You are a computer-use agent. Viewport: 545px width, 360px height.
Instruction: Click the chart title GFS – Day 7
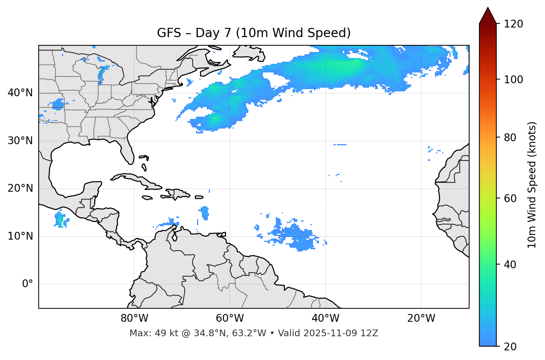click(x=254, y=33)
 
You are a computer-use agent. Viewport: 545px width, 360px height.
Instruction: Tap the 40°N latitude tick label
click(x=20, y=93)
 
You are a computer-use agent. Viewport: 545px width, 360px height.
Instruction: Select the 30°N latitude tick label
click(x=20, y=141)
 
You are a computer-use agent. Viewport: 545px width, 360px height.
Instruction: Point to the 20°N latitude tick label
click(x=20, y=188)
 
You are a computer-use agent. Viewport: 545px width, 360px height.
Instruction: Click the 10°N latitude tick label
click(x=20, y=236)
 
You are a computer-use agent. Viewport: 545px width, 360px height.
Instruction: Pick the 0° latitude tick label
click(x=28, y=284)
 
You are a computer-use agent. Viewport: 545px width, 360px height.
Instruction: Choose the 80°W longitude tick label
click(x=134, y=318)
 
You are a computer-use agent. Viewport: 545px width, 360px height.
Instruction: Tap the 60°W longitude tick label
click(x=230, y=318)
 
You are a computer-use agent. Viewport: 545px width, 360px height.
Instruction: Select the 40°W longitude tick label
click(x=325, y=318)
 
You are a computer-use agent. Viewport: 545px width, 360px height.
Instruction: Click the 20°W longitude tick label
click(x=421, y=318)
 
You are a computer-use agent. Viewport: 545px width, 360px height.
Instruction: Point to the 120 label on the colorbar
click(x=513, y=24)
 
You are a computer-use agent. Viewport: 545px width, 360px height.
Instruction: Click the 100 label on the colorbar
click(x=513, y=80)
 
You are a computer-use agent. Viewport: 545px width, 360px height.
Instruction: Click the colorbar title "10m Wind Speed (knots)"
click(x=532, y=185)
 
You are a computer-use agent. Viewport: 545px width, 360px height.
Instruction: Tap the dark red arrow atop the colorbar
click(x=488, y=16)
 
